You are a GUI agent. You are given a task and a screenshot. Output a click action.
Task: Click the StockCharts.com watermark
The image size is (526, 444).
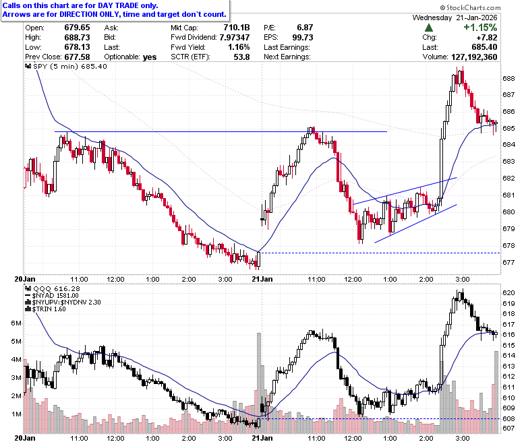(470, 7)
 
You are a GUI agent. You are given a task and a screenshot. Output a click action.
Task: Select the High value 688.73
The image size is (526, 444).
(77, 37)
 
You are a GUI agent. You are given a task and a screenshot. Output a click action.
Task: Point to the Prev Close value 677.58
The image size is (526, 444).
(77, 57)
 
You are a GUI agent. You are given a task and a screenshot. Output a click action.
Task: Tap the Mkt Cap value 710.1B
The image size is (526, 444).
(237, 28)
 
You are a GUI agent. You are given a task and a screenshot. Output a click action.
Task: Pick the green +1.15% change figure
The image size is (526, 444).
(480, 28)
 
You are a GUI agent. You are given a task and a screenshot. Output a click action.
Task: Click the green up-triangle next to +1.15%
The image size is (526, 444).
(429, 28)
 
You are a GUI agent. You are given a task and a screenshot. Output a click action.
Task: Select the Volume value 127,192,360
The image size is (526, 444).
(474, 57)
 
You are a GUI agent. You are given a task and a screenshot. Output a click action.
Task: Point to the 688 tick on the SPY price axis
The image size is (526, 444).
(508, 78)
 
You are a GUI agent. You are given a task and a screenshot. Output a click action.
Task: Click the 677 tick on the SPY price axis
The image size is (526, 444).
(508, 262)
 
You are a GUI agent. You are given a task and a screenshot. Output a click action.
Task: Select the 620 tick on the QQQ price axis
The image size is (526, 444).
(508, 293)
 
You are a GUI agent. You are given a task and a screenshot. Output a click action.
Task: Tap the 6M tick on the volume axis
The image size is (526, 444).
(16, 323)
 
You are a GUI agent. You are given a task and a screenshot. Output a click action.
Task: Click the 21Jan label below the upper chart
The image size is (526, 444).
(262, 279)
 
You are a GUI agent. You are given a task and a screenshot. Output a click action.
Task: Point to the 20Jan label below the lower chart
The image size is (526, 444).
(25, 438)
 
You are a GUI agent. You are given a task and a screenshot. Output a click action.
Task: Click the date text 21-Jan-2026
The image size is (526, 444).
(476, 18)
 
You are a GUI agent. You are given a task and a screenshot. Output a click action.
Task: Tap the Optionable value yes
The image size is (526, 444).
(150, 57)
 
